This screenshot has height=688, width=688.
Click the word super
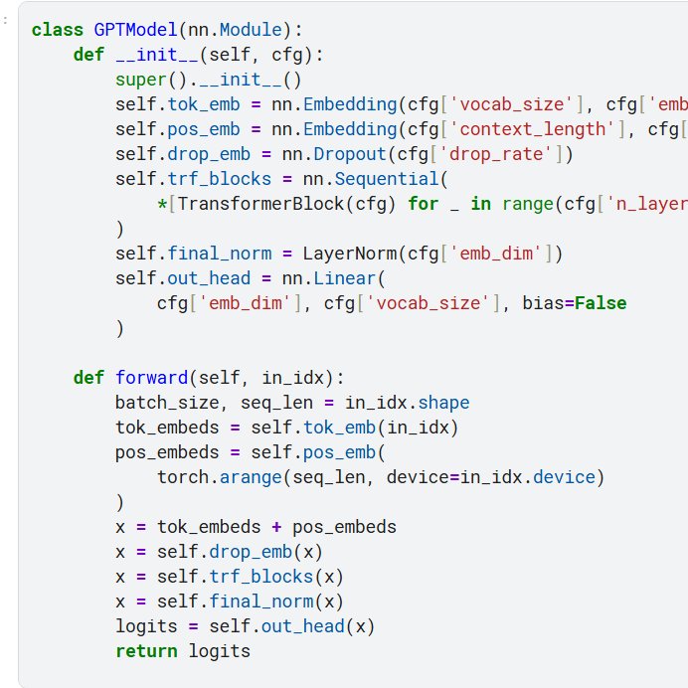[x=136, y=80]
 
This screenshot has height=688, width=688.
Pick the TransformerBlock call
[x=232, y=204]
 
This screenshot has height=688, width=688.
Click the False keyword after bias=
[x=601, y=303]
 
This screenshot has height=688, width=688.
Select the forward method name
[x=152, y=378]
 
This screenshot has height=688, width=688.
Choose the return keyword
[x=144, y=651]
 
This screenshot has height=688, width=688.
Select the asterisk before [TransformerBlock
[x=161, y=204]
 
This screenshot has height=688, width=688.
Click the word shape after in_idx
[x=444, y=403]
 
